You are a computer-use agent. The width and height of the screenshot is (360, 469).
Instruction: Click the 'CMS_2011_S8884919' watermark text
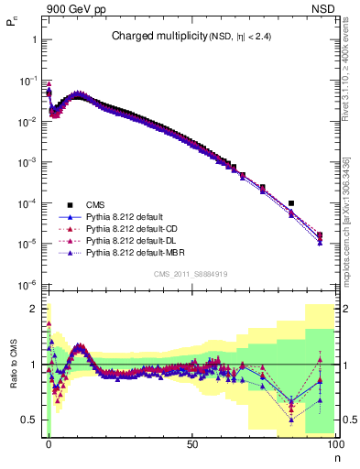[191, 274]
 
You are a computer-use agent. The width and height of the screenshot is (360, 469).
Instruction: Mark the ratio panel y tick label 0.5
[30, 420]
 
